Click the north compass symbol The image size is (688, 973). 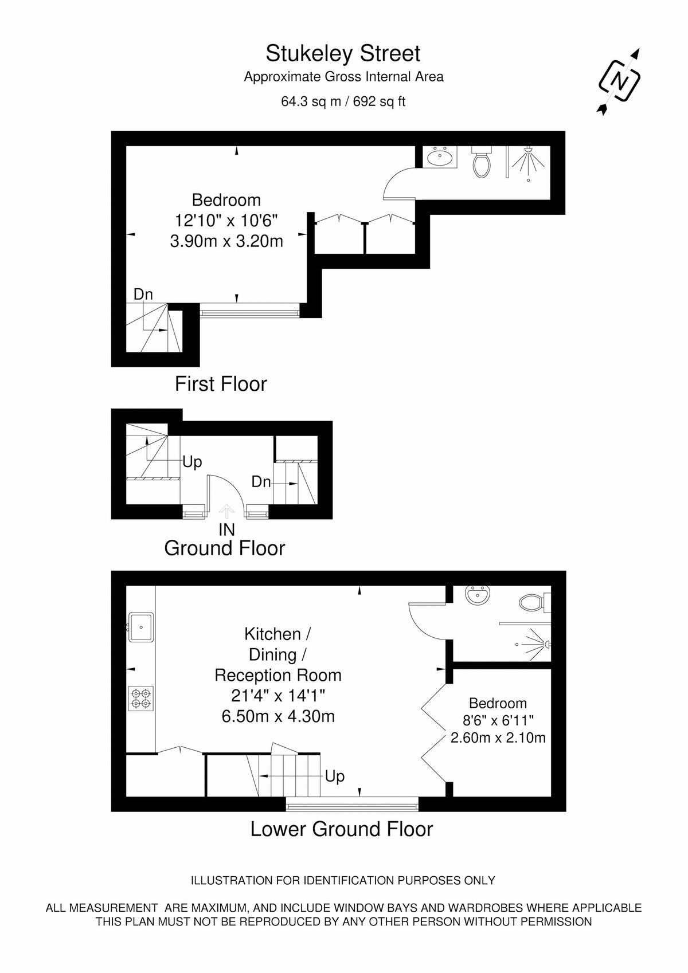click(619, 81)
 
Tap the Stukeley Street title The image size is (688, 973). click(343, 53)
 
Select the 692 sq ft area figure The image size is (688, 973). click(380, 101)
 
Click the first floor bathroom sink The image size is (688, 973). click(440, 156)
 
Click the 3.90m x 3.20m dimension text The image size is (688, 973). click(226, 241)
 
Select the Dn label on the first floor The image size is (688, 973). click(143, 295)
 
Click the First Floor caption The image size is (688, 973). click(221, 384)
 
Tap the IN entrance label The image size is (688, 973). click(227, 530)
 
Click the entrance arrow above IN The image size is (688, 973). click(226, 512)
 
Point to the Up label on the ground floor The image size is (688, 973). click(192, 462)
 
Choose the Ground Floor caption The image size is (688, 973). click(224, 548)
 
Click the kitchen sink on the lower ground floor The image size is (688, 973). click(141, 627)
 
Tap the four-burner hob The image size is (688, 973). click(141, 699)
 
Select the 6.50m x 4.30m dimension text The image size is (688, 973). click(278, 716)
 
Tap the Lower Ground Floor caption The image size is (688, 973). click(342, 829)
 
